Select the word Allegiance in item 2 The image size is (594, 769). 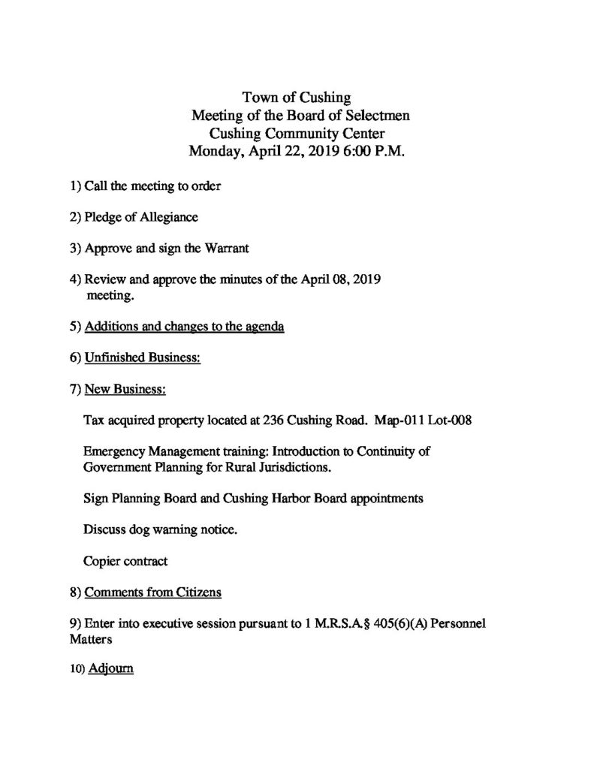coord(168,217)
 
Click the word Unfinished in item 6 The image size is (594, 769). coord(115,358)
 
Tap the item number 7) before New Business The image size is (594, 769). coord(74,390)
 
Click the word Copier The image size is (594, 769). coord(103,561)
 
